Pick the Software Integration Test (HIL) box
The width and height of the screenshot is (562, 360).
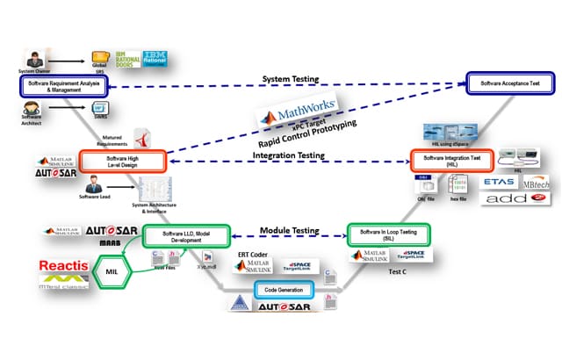point(449,161)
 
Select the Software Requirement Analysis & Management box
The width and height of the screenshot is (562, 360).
point(62,85)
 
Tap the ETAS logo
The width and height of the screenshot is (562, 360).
point(498,182)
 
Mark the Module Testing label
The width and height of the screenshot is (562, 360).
point(289,230)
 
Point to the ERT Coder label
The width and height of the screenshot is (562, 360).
point(255,254)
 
